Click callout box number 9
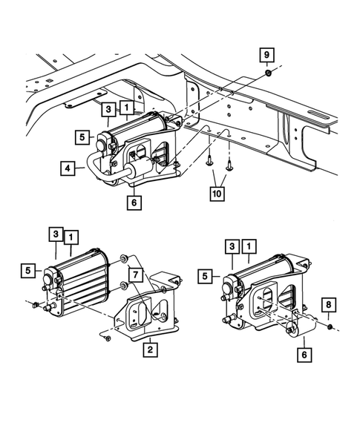266,54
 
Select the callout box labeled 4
68,169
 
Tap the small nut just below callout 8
328,325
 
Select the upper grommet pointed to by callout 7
121,260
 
